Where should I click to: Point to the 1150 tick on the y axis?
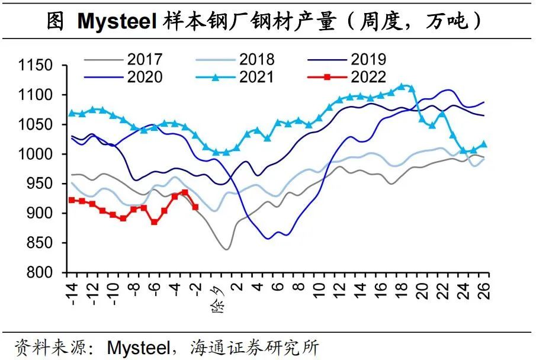37,65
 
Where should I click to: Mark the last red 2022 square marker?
195,207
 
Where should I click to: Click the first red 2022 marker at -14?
72,200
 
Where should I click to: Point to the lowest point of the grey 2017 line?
226,249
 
